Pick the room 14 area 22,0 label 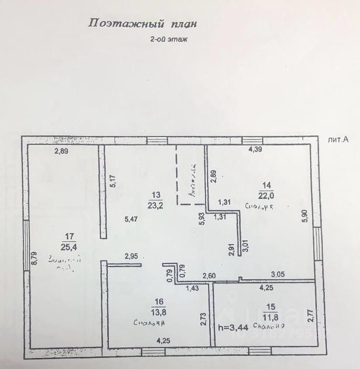click(x=266, y=191)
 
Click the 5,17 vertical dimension click(x=112, y=182)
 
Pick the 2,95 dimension click(x=132, y=256)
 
